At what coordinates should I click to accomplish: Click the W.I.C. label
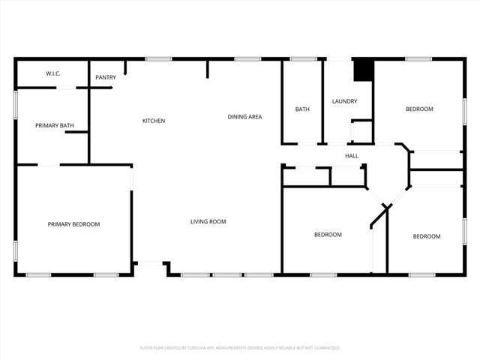coord(53,73)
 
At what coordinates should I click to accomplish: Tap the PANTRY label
coord(106,77)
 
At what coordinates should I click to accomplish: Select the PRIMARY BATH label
coord(54,125)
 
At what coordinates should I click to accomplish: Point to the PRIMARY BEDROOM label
coord(73,224)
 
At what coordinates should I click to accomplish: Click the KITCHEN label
coord(154,121)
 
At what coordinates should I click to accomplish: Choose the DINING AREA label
coord(244,116)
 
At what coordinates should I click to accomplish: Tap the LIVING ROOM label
coord(208,221)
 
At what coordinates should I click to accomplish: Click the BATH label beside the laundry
coord(302,109)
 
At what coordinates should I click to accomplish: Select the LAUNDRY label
coord(345,101)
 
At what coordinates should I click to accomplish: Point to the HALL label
coord(352,156)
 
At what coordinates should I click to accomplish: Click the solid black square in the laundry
coord(364,69)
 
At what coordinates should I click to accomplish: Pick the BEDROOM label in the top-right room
coord(419,109)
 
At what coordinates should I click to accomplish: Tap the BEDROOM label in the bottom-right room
coord(427,236)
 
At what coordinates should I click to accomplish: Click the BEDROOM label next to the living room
coord(328,235)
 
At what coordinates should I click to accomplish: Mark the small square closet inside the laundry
coord(361,132)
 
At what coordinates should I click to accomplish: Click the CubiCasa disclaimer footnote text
coord(240,348)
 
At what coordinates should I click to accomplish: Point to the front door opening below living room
coord(150,262)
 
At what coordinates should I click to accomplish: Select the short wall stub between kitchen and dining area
coord(208,68)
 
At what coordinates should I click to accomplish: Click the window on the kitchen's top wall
coord(158,58)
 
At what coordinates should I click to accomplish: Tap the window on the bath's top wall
coord(303,58)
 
